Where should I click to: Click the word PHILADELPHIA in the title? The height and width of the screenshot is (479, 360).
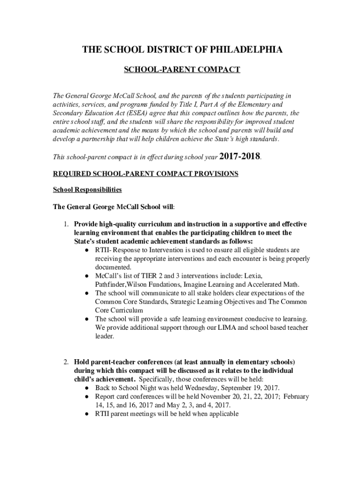(244, 50)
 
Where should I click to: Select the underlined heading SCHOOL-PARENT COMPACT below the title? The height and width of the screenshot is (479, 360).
(181, 70)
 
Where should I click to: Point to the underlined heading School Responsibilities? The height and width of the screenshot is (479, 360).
(87, 189)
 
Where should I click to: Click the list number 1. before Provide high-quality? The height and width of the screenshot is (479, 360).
(67, 225)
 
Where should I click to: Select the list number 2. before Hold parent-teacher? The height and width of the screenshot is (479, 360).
(67, 362)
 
